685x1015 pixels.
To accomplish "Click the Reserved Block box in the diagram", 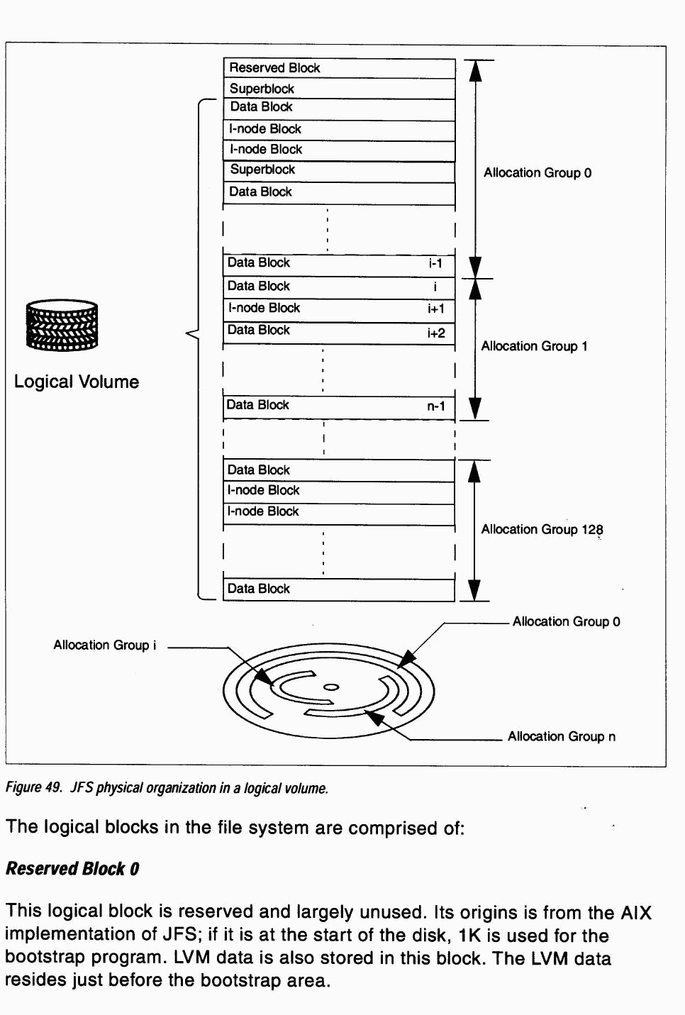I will pyautogui.click(x=339, y=68).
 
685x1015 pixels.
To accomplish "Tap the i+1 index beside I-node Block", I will pyautogui.click(x=435, y=309).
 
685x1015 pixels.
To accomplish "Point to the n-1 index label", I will pyautogui.click(x=435, y=406).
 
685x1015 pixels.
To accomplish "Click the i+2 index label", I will pyautogui.click(x=436, y=333).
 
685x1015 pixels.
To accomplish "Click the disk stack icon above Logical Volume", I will pyautogui.click(x=62, y=326).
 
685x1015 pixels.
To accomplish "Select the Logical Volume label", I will pyautogui.click(x=77, y=382).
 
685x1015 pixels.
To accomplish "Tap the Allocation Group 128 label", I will pyautogui.click(x=542, y=530).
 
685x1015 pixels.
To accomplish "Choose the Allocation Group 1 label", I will pyautogui.click(x=534, y=346).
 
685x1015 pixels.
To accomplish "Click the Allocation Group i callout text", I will pyautogui.click(x=105, y=645).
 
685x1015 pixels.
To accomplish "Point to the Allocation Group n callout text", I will pyautogui.click(x=562, y=737).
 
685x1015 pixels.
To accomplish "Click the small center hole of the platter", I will pyautogui.click(x=331, y=687).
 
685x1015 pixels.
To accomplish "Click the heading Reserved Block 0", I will pyautogui.click(x=72, y=869).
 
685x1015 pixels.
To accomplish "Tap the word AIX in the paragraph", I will pyautogui.click(x=635, y=913).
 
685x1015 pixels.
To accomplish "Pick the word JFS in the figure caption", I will pyautogui.click(x=82, y=788).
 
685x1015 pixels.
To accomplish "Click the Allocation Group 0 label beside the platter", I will pyautogui.click(x=566, y=622).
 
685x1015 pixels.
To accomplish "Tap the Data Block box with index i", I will pyautogui.click(x=339, y=287).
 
